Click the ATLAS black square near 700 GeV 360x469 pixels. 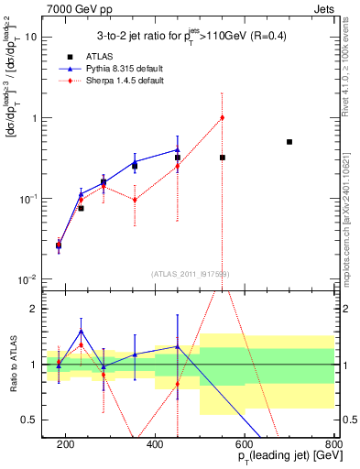coord(289,142)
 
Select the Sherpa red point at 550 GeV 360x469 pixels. coord(222,117)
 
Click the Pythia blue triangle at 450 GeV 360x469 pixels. coord(178,149)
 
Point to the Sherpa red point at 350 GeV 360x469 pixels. coord(135,200)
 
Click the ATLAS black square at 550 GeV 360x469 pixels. coord(222,158)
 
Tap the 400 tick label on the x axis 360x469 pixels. coord(155,444)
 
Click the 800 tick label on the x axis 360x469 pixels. coord(333,444)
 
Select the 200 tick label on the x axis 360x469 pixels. coord(66,444)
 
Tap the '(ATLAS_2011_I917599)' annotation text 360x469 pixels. coord(191,273)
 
